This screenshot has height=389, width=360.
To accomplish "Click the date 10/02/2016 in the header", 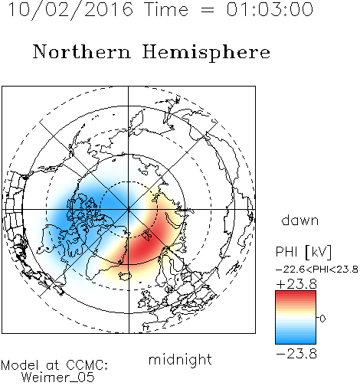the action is pos(70,10).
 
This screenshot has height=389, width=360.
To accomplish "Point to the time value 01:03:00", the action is pos(270,9).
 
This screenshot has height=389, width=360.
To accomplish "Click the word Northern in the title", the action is pos(82,51).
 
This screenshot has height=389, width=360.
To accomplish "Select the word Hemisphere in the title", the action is pos(206,53).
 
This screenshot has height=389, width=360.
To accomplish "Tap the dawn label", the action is pos(300,220).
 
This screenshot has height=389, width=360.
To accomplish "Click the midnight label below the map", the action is pos(180,359).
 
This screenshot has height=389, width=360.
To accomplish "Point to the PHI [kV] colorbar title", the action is pos(303,252).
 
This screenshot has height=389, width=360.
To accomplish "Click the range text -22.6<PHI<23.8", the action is pos(317,270).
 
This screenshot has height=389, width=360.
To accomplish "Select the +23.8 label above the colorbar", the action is pos(296,284).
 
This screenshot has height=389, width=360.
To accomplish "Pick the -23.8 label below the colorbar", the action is pos(296,354).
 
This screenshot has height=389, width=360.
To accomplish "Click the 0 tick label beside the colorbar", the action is pos(322,319).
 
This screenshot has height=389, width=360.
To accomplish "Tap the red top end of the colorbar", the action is pos(296,293).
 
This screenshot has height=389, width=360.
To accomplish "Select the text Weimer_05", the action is pos(58,378).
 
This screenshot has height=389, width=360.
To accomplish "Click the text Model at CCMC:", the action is pos(54,365).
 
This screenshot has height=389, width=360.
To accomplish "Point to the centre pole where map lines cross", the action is pos(129,210).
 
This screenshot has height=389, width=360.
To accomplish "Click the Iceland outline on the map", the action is pos(125,276).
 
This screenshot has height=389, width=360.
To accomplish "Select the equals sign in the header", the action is pos(208,10).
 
